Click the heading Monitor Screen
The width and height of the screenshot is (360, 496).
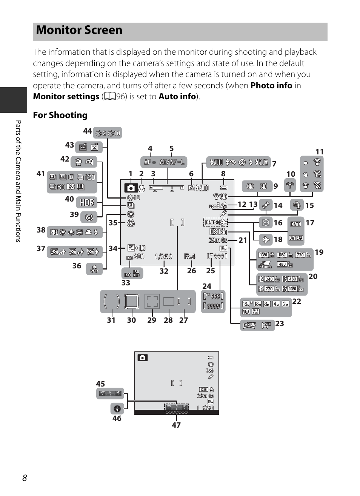pyautogui.click(x=79, y=30)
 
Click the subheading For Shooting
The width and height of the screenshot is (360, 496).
pyautogui.click(x=60, y=115)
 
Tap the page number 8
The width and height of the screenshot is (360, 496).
pyautogui.click(x=25, y=478)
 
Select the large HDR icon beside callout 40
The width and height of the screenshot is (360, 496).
pyautogui.click(x=87, y=203)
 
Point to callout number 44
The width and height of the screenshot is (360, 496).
pyautogui.click(x=87, y=131)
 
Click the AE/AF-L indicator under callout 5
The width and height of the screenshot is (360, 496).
pyautogui.click(x=172, y=162)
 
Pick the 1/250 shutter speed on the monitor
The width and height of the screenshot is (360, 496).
pyautogui.click(x=163, y=257)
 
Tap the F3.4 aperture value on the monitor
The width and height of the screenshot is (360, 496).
pyautogui.click(x=190, y=257)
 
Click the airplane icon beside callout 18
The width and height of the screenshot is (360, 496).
pyautogui.click(x=266, y=239)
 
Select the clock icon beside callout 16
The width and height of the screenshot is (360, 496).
pyautogui.click(x=266, y=223)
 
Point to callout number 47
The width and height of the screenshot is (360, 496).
pyautogui.click(x=176, y=425)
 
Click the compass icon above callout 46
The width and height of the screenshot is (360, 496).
pyautogui.click(x=117, y=408)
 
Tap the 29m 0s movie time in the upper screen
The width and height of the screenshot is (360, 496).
pyautogui.click(x=218, y=240)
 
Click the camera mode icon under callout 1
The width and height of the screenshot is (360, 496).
pyautogui.click(x=131, y=188)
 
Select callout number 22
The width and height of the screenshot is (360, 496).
pyautogui.click(x=297, y=301)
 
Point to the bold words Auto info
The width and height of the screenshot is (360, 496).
pyautogui.click(x=177, y=97)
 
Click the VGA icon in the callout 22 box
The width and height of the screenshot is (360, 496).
pyautogui.click(x=246, y=312)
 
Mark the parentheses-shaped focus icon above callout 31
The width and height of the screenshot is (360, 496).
pyautogui.click(x=111, y=301)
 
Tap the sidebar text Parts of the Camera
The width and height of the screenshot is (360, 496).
pyautogui.click(x=18, y=181)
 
